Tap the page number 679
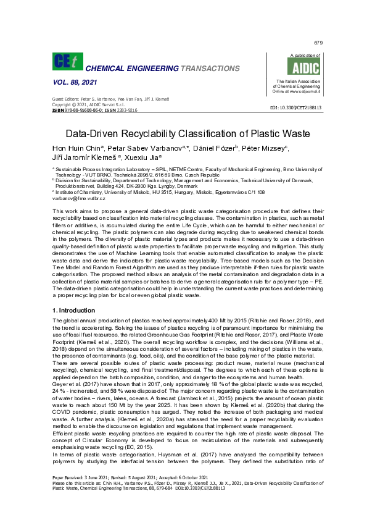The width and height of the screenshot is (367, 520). coord(318,43)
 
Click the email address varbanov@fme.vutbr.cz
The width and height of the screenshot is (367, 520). coord(79,198)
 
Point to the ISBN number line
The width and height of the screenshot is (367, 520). coord(95,109)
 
